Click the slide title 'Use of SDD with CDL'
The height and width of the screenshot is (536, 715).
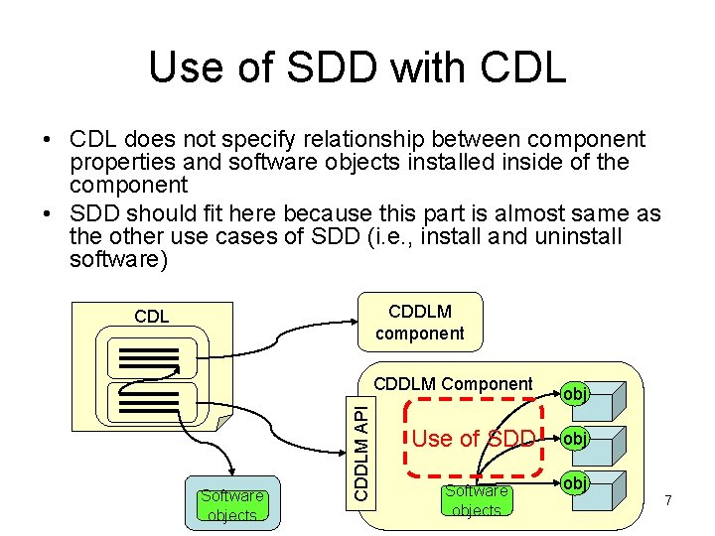pyautogui.click(x=357, y=67)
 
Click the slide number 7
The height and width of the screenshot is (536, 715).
pyautogui.click(x=668, y=501)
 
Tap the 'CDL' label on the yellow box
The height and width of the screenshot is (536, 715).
pyautogui.click(x=152, y=318)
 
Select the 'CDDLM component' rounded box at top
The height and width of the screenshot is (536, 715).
pyautogui.click(x=420, y=323)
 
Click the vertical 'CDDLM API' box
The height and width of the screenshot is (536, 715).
pyautogui.click(x=365, y=449)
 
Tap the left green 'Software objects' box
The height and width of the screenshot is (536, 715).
pyautogui.click(x=232, y=504)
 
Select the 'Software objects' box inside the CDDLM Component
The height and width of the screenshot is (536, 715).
pyautogui.click(x=477, y=499)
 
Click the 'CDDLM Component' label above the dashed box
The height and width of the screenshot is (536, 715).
pyautogui.click(x=453, y=384)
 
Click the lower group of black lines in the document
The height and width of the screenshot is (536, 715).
pyautogui.click(x=149, y=405)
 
